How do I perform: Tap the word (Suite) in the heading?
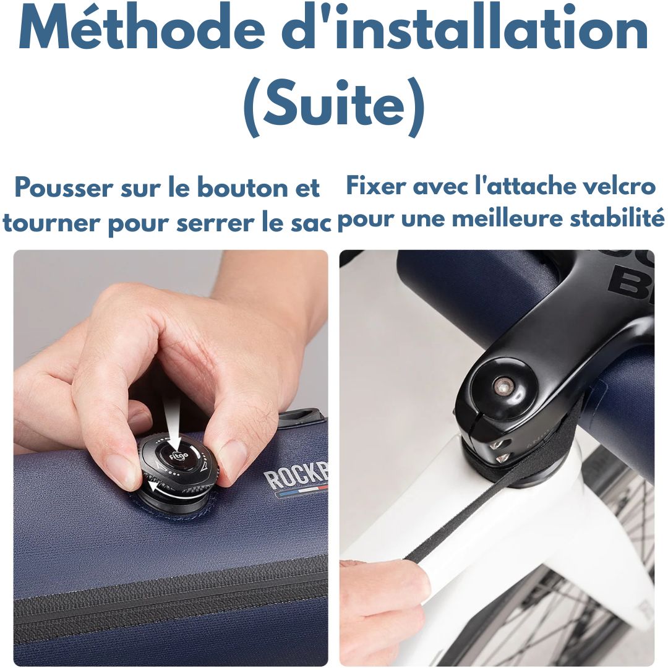[334, 106]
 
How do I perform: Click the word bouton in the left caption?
[241, 188]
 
